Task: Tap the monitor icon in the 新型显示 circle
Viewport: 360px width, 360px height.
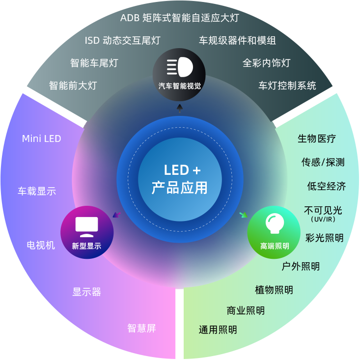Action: [x=87, y=226]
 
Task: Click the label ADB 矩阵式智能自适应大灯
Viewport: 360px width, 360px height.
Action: [x=180, y=18]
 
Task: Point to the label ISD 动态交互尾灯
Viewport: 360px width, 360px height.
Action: [x=122, y=40]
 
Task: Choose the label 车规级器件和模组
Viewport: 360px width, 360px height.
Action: [x=237, y=40]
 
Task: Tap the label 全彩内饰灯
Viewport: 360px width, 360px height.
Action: [x=266, y=63]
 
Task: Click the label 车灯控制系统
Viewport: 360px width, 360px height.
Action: [x=287, y=85]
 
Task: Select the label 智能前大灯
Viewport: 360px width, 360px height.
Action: [x=73, y=85]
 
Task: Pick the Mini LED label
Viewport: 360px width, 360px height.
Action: [x=42, y=138]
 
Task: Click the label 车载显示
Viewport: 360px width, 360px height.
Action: [x=37, y=191]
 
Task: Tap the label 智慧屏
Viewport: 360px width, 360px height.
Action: [x=141, y=328]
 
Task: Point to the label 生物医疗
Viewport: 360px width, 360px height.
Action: [x=317, y=138]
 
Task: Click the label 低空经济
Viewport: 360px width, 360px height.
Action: [x=327, y=186]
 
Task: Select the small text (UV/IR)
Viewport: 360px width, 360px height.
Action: [x=323, y=219]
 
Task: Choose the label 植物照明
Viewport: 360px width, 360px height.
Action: [x=274, y=290]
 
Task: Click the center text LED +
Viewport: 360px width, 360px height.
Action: [x=182, y=170]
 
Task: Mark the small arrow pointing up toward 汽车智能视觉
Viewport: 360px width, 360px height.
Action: [x=180, y=109]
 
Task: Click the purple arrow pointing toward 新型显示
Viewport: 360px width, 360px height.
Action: [x=116, y=215]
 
